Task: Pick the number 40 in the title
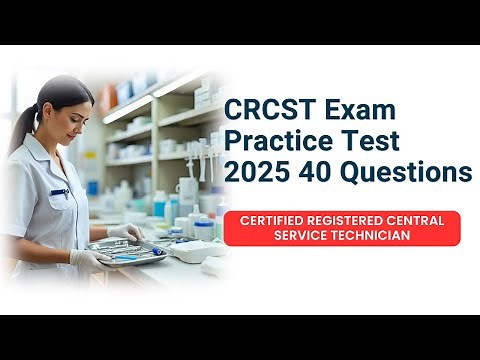click(x=315, y=172)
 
